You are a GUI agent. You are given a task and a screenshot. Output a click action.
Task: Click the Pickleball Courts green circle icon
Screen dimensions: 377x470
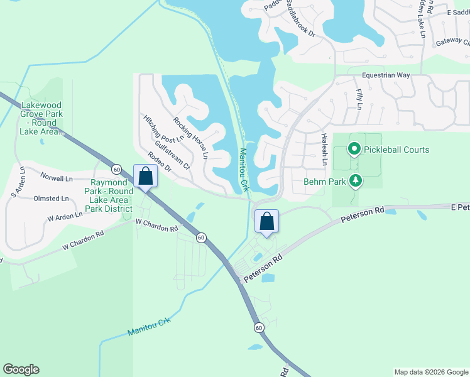354,150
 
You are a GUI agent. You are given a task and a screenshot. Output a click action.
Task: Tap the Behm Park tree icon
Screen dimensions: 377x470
356,182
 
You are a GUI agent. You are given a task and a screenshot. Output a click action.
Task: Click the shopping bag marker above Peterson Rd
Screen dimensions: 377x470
266,221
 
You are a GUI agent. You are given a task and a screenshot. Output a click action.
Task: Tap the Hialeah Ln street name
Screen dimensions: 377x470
324,149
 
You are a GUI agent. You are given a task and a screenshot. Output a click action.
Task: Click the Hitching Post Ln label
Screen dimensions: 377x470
163,128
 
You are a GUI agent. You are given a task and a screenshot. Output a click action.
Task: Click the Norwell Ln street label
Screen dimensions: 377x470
57,178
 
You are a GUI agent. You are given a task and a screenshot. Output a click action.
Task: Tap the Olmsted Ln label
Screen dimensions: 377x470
52,199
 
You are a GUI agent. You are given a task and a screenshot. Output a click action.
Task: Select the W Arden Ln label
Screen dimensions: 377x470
65,216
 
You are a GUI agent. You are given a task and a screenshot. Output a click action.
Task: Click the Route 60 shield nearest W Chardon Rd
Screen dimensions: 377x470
200,238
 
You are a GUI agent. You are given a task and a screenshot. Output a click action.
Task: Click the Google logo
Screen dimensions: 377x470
21,369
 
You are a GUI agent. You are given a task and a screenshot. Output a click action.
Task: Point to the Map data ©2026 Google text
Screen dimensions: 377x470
430,372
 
